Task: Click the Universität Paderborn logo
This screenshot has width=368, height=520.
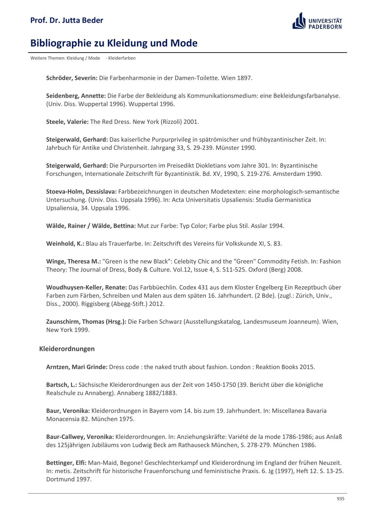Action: [x=317, y=21]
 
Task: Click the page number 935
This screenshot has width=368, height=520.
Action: [x=340, y=499]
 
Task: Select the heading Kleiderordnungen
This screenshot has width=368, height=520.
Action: [x=67, y=349]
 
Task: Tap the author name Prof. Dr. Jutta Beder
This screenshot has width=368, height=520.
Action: [x=67, y=20]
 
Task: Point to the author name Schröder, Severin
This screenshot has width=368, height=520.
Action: [x=72, y=78]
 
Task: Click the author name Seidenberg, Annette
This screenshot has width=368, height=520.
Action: [x=76, y=96]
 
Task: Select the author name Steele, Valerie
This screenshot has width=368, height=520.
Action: [x=67, y=122]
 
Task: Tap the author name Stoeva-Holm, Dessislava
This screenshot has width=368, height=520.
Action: [x=81, y=191]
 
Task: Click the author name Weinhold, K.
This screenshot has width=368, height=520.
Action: [x=65, y=244]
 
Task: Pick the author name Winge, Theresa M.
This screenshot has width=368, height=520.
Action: [x=73, y=261]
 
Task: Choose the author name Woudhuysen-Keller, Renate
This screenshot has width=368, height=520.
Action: [x=86, y=287]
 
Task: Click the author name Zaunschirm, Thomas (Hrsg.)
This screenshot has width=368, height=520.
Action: [x=86, y=322]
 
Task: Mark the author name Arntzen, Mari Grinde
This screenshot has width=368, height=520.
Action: [x=77, y=367]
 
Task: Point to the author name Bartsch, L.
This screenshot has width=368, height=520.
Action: [x=61, y=385]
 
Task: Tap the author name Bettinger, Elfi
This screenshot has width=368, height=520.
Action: [x=66, y=463]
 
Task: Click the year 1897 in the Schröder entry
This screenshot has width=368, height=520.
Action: [x=244, y=78]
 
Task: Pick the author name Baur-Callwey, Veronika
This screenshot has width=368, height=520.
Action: [x=80, y=437]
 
